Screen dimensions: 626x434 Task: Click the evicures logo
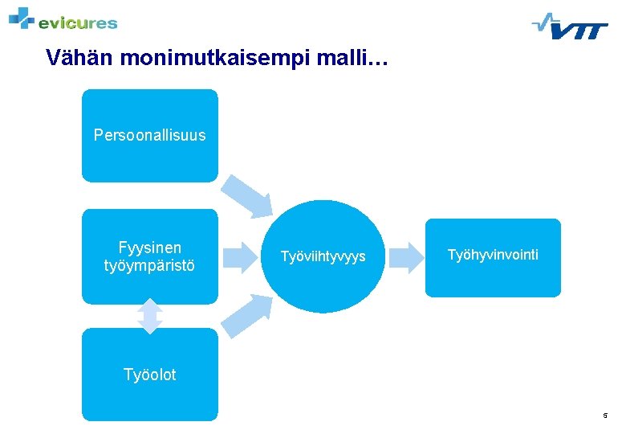point(63,19)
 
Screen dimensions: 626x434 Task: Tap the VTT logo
point(570,26)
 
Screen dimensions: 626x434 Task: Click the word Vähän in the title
point(73,58)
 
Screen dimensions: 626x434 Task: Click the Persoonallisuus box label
point(149,135)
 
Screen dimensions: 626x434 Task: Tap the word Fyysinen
point(149,248)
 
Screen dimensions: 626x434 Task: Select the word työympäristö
point(149,265)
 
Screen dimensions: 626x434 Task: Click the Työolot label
point(149,375)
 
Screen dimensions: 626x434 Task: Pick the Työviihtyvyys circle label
point(323,256)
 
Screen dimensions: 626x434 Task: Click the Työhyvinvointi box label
point(493,255)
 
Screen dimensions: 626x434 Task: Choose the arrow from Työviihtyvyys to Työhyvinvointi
point(405,256)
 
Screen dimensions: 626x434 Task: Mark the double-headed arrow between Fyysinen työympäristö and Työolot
point(149,316)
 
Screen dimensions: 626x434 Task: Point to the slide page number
point(605,416)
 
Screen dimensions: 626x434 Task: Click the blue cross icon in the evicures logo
point(22,17)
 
